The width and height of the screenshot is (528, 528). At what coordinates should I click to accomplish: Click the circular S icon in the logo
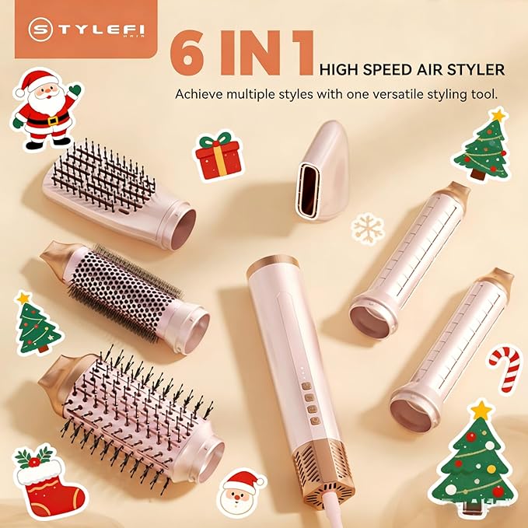click(40, 30)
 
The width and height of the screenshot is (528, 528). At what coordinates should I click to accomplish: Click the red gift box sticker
click(218, 156)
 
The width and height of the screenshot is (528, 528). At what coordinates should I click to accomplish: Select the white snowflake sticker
click(367, 228)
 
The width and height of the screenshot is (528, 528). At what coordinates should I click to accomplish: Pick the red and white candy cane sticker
click(505, 368)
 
